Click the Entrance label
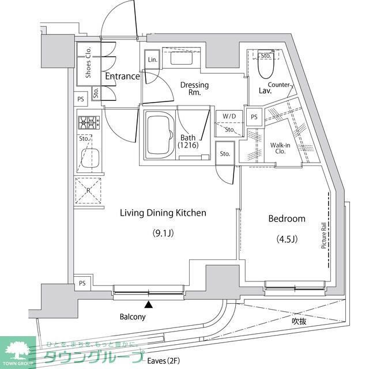coord(122,76)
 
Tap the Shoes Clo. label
coord(88,62)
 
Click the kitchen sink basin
coord(89,157)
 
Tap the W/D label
coord(229,116)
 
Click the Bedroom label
coord(287,219)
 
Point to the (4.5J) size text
coord(287,239)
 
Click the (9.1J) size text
coord(163,233)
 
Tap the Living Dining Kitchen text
coord(163,213)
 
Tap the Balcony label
coord(133,317)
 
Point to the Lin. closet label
coord(152,60)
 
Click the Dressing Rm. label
coord(194,89)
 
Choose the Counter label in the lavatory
coord(278,85)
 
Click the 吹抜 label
coord(298,321)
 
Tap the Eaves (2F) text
coord(162,362)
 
